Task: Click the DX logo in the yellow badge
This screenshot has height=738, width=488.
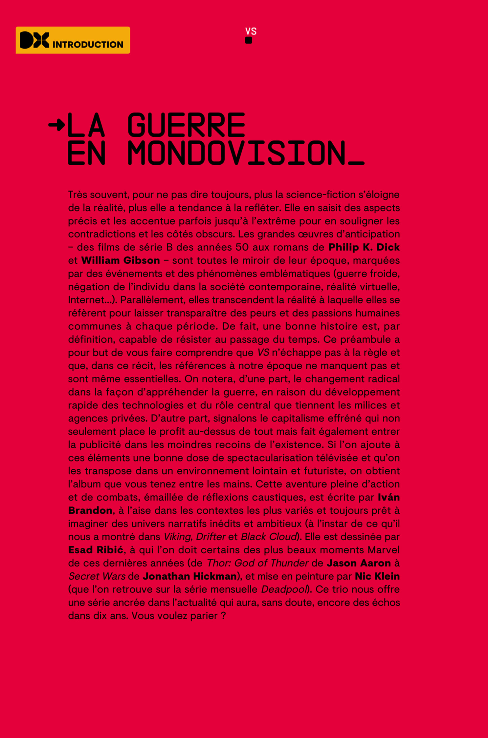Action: [x=34, y=40]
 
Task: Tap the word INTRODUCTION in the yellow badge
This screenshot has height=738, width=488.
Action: [x=88, y=44]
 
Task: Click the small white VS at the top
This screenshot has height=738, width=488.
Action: [x=251, y=31]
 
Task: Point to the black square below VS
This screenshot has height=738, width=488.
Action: [x=249, y=40]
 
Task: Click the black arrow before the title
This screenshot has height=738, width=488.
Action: [x=56, y=125]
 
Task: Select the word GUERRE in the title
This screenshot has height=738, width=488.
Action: [x=186, y=125]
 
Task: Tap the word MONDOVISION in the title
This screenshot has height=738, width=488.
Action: [x=236, y=153]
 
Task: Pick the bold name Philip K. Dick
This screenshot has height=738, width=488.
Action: [x=364, y=247]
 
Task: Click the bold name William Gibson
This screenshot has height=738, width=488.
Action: [x=121, y=260]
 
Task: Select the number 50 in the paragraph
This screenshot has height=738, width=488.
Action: [x=242, y=247]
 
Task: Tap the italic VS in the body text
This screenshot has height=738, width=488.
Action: [x=263, y=352]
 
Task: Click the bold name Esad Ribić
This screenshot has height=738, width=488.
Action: [x=96, y=550]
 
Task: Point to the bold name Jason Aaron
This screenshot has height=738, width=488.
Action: [x=359, y=563]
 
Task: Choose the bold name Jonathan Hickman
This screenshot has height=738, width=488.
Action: [x=190, y=576]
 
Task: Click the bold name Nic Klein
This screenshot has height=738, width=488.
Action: [x=377, y=576]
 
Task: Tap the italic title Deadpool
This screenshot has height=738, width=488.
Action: [x=284, y=589]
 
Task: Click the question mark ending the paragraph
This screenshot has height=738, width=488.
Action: [x=224, y=616]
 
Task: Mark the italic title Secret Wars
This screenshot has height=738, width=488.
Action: [x=97, y=576]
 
